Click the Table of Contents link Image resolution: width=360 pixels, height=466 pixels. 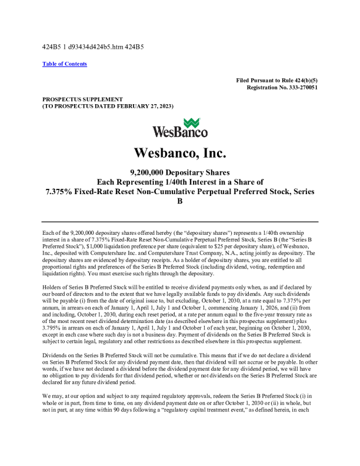click(x=65, y=64)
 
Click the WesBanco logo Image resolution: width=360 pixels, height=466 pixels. click(x=180, y=128)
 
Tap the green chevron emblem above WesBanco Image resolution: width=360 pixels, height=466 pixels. click(x=192, y=123)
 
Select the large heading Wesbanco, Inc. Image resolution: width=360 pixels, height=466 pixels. click(x=180, y=153)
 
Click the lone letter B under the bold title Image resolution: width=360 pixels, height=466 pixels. click(x=180, y=201)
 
